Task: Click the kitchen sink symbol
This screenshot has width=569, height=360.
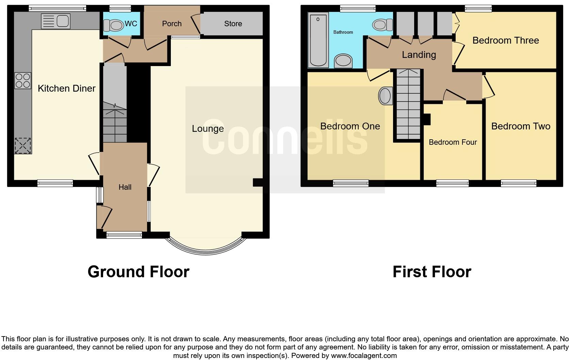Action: (55, 21)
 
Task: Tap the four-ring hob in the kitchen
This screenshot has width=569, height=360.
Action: (23, 81)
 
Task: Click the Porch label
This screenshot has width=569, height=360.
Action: (172, 24)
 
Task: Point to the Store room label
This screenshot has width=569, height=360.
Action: (233, 24)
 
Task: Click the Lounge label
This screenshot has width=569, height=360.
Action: (208, 129)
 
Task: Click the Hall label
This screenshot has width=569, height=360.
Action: (125, 187)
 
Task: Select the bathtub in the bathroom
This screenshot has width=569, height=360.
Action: (318, 40)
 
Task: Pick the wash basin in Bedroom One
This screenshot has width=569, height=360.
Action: (385, 96)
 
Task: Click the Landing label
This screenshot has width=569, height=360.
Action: (419, 55)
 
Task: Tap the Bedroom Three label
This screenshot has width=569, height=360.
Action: (505, 41)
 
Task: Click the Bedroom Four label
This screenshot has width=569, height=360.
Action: (453, 142)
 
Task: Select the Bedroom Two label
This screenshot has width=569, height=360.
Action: (520, 126)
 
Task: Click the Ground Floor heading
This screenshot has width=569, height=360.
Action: (138, 272)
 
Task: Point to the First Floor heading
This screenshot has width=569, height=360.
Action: (432, 272)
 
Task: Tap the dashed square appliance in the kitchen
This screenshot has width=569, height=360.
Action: (23, 146)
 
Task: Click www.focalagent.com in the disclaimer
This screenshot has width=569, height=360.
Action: (364, 356)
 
